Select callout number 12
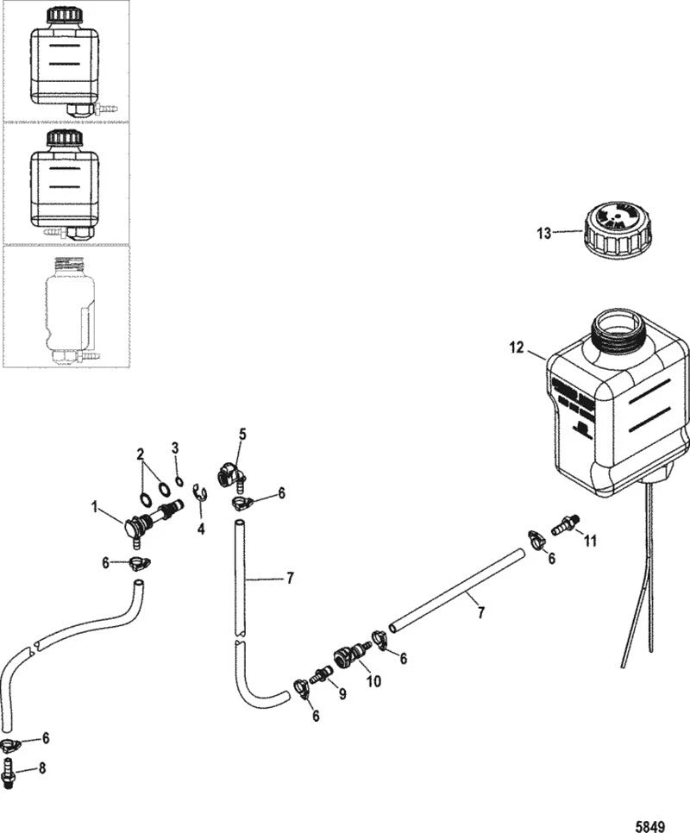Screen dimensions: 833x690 click(517, 348)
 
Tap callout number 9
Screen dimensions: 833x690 click(342, 692)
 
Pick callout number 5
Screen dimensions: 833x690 click(242, 435)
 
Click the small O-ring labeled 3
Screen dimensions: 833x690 click(178, 481)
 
